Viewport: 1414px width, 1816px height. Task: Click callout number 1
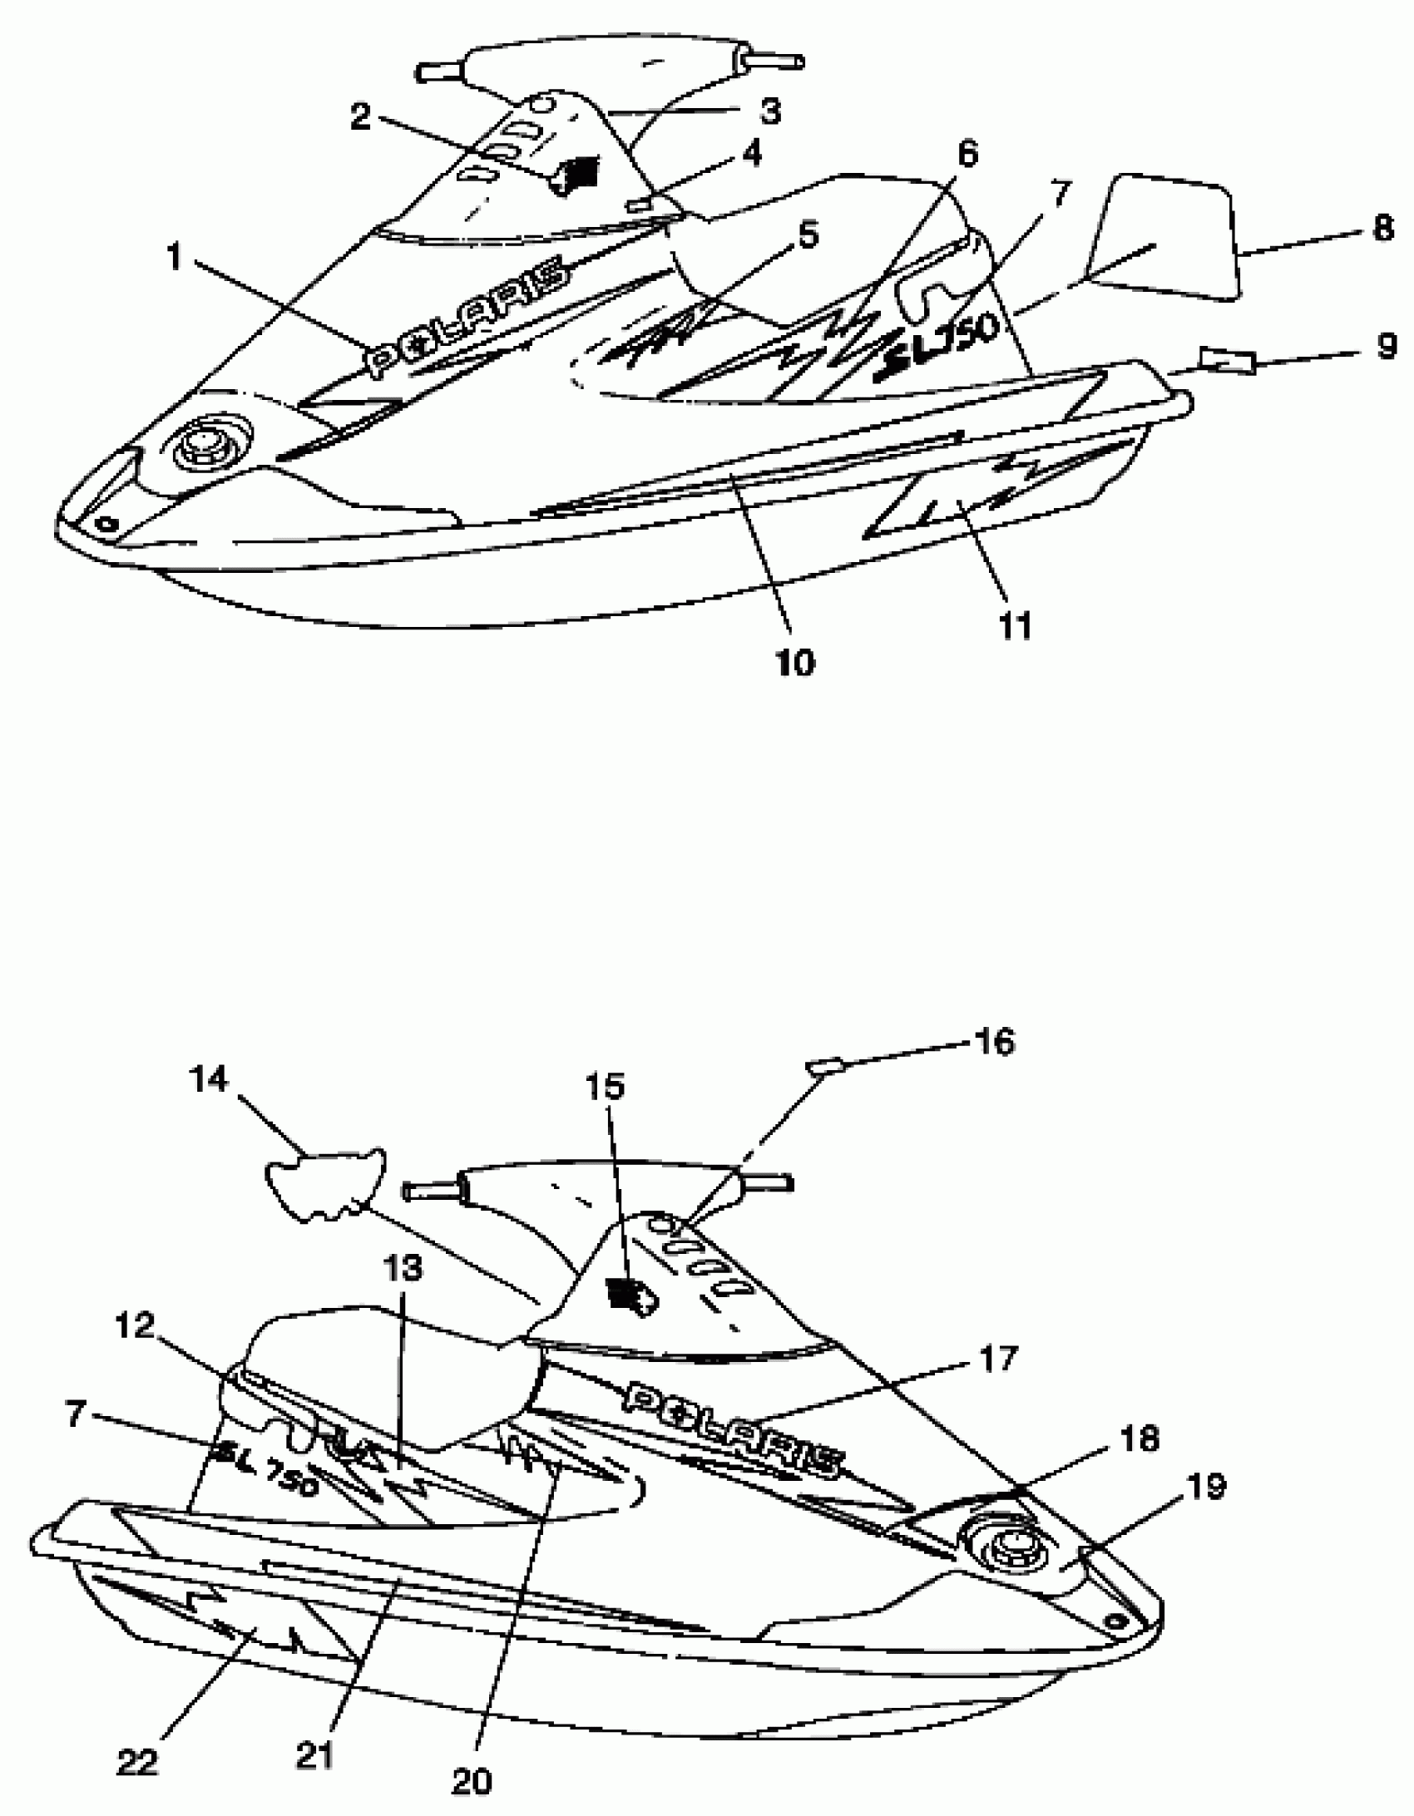click(173, 257)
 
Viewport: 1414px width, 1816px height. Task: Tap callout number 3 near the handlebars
click(771, 111)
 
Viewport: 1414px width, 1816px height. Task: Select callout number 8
click(1382, 227)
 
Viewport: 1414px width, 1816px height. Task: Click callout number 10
click(795, 663)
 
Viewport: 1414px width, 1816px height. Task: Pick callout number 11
click(1015, 626)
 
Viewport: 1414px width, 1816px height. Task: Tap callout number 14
click(208, 1080)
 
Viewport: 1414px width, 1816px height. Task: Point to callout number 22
click(137, 1758)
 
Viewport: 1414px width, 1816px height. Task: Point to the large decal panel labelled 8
click(1164, 237)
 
